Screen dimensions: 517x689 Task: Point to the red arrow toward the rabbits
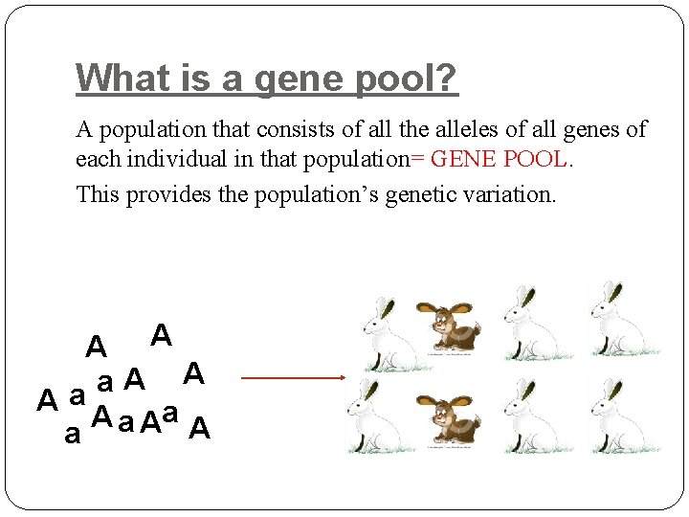[293, 377]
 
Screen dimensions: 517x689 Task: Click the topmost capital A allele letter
[162, 335]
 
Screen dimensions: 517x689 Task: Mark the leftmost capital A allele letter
[46, 400]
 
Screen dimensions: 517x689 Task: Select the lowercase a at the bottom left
[71, 436]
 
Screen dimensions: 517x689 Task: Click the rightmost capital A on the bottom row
[199, 430]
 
